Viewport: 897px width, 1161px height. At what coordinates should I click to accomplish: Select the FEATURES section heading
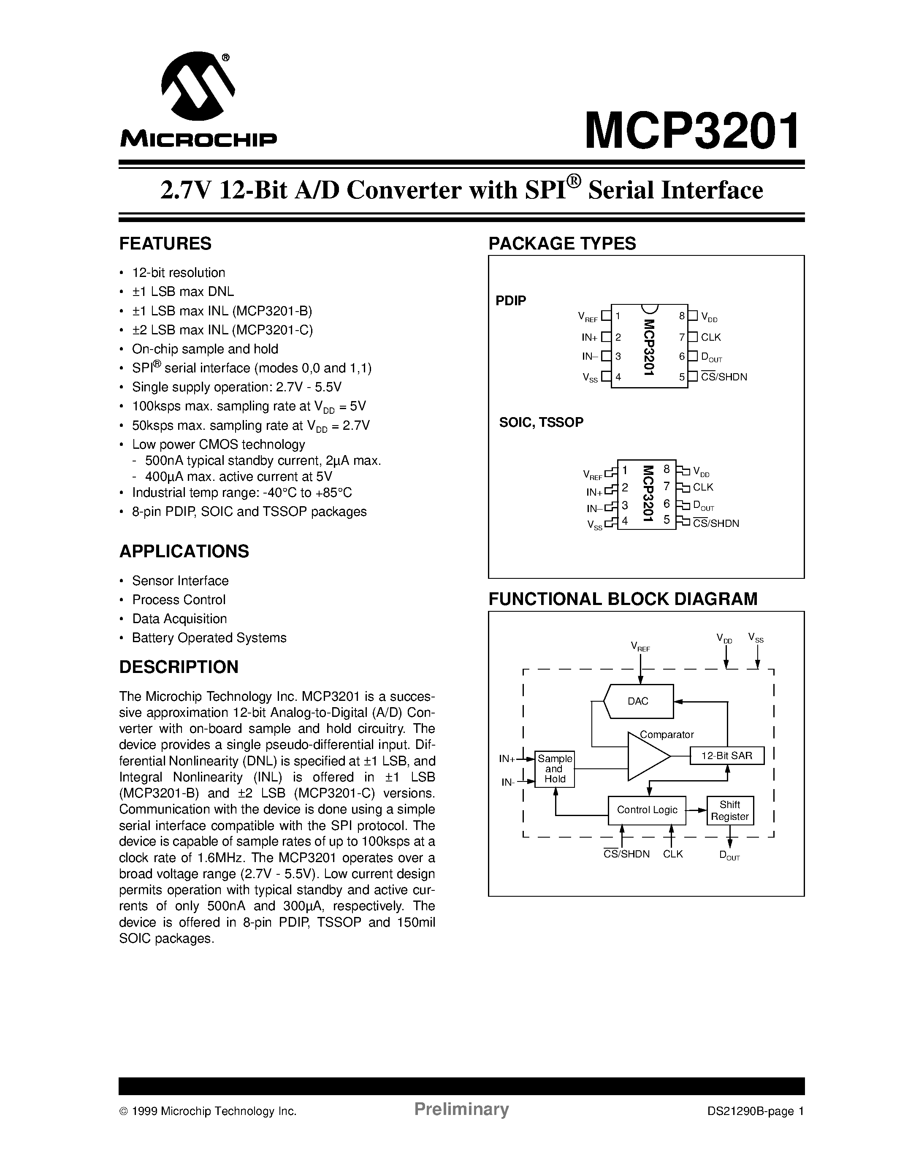coord(165,244)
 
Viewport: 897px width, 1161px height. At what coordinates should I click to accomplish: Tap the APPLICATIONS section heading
coord(184,551)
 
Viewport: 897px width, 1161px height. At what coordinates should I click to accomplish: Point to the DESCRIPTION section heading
coord(179,667)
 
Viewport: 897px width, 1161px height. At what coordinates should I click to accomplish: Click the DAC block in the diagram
coord(638,701)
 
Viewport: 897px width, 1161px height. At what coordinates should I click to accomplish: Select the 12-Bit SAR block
coord(726,755)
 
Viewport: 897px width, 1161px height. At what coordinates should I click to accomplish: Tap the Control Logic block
coord(647,810)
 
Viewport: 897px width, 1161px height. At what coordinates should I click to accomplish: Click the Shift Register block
coord(729,811)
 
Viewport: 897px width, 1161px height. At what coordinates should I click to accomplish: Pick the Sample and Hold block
coord(554,769)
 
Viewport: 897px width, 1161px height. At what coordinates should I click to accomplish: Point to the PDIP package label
coord(511,301)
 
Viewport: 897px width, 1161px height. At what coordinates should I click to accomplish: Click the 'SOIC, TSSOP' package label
coord(541,422)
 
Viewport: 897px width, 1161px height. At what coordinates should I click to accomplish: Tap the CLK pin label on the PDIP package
coord(710,337)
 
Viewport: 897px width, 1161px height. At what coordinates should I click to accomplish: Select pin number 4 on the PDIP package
coord(618,377)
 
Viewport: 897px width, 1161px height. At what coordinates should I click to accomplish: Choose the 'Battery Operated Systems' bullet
coord(209,637)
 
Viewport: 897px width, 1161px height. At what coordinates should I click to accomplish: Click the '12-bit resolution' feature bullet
coord(179,273)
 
